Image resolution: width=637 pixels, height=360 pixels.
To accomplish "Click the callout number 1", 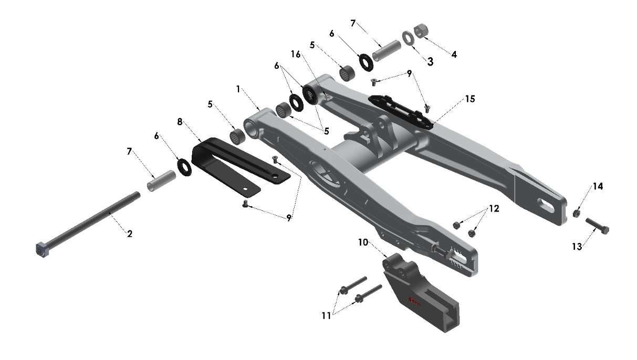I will click(238, 89).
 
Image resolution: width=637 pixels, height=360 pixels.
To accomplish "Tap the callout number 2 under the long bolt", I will click(129, 233).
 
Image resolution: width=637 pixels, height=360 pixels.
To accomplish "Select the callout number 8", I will click(180, 121).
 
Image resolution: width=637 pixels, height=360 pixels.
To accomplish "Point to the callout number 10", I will click(363, 242).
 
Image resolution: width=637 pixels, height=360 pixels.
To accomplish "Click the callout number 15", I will click(469, 99).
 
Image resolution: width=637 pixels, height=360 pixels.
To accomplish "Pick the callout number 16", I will click(296, 54).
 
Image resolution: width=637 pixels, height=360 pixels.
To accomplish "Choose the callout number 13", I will click(577, 246).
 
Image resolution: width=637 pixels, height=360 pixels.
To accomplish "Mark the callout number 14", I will click(598, 186).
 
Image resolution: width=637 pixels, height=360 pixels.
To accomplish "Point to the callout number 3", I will click(430, 61).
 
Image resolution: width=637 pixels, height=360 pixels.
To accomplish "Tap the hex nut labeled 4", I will click(421, 31).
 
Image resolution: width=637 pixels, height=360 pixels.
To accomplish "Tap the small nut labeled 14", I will click(576, 214).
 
